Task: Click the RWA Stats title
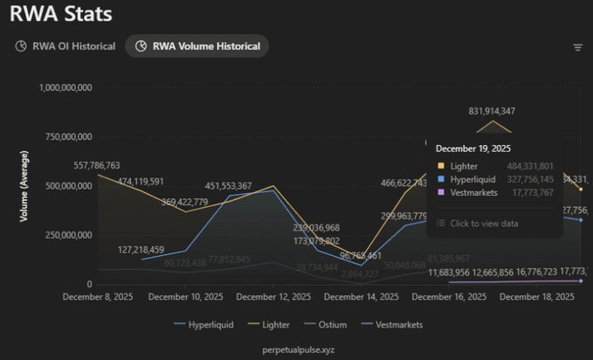coord(61,14)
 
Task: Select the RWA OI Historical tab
coord(66,46)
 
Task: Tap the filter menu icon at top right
coord(577,47)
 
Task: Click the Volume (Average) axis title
coord(25,186)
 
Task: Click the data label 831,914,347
coord(492,111)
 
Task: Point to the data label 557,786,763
coord(85,165)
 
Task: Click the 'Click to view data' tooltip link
coord(484,224)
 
